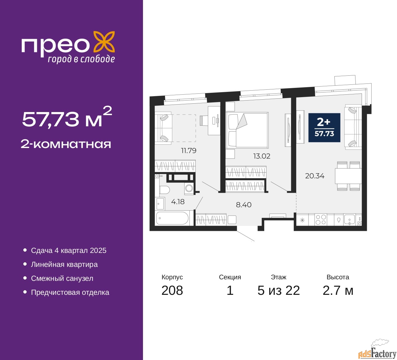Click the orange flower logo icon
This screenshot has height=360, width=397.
coord(104,42)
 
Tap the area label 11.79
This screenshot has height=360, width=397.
coord(189,151)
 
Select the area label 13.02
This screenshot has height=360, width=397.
coord(261,156)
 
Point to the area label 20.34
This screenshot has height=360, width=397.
coord(314,176)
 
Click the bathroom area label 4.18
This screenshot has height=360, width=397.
coord(178,202)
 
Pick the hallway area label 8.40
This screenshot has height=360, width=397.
coord(243,205)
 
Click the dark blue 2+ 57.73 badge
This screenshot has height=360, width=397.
coord(324,128)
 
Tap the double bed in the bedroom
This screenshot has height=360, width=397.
coord(247,130)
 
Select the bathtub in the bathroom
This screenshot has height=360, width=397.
coord(172,218)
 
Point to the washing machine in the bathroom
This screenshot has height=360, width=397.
coord(189,188)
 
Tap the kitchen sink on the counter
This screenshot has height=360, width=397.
coord(349,220)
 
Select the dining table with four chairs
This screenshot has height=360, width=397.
coord(348,176)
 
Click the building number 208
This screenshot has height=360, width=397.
coord(172,290)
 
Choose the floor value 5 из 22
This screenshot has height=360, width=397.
coord(279,290)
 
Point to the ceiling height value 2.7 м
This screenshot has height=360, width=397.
coord(338,290)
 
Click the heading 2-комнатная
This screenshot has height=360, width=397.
coord(66,144)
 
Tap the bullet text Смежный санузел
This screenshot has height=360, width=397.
coord(62,278)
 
